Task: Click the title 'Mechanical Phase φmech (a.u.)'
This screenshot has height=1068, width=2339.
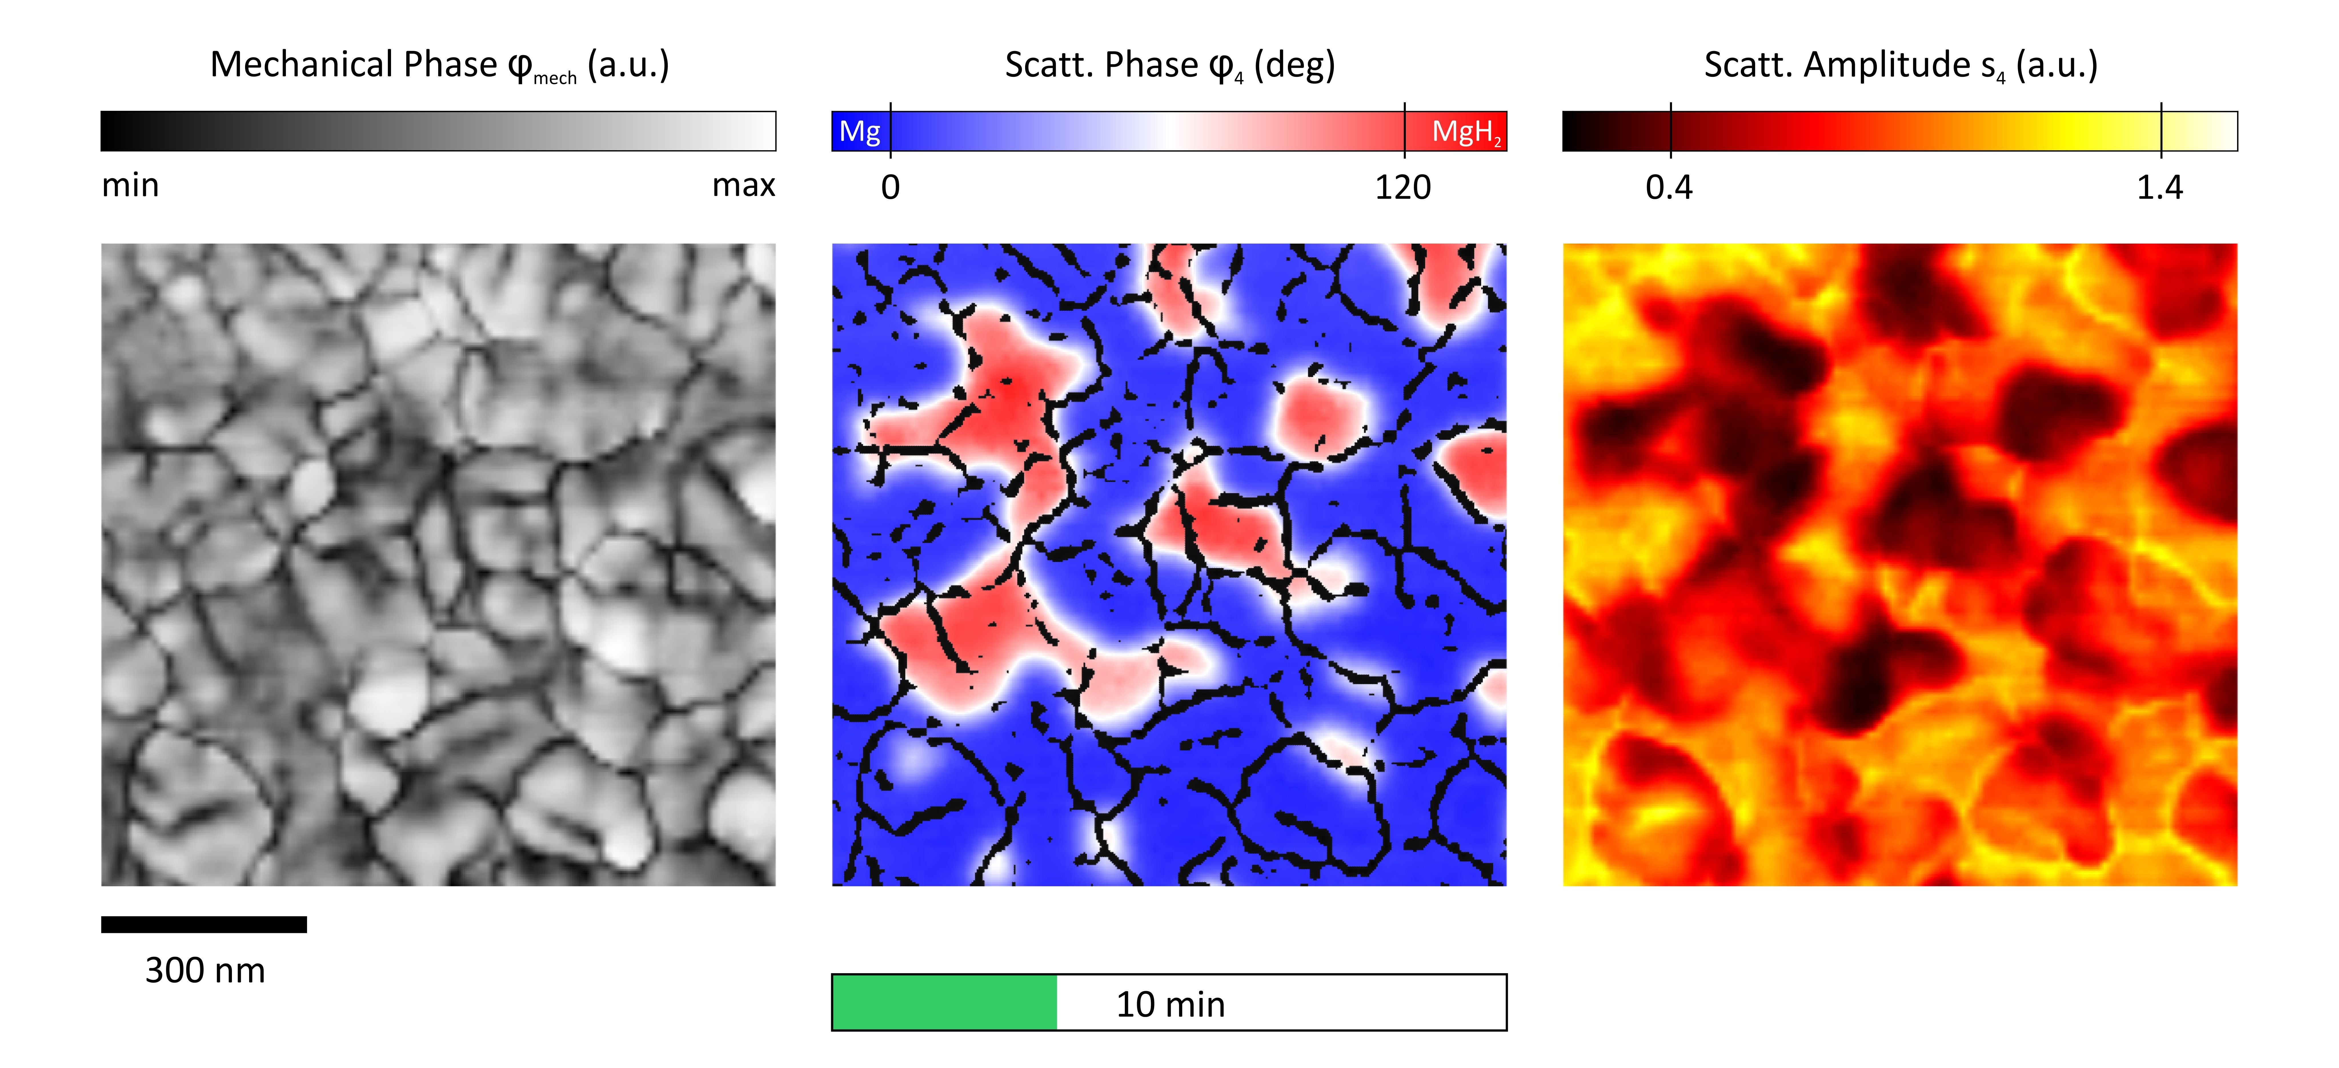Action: tap(440, 65)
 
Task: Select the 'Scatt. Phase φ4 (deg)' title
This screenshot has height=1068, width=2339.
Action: tap(1169, 65)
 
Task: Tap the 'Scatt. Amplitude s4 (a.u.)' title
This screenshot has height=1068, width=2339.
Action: tap(1901, 65)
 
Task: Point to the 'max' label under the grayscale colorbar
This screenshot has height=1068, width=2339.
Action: tap(744, 185)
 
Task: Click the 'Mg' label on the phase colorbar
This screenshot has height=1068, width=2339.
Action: tap(859, 132)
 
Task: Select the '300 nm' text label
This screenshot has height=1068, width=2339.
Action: tap(205, 971)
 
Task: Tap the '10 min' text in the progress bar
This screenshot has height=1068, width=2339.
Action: tap(1170, 1004)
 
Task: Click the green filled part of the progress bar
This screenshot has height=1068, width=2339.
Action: tap(944, 1003)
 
